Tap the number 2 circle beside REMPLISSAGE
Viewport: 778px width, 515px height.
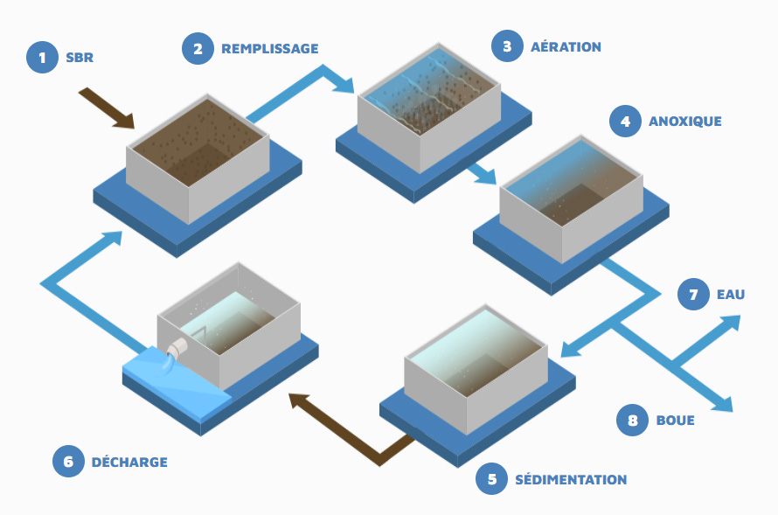pos(198,48)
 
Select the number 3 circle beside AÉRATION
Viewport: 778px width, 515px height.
pos(507,46)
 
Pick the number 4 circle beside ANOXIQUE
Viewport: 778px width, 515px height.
pos(625,121)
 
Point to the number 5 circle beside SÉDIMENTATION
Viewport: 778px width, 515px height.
pos(492,478)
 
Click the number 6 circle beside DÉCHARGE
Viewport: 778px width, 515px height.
pos(68,461)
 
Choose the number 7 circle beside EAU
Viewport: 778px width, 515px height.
pos(694,295)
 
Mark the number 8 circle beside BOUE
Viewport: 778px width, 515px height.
pos(633,420)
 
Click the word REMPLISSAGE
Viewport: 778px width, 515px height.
pos(269,49)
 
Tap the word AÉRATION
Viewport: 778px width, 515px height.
pos(566,47)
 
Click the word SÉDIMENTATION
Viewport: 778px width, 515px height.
pos(570,479)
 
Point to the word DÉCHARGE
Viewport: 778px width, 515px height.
pos(129,462)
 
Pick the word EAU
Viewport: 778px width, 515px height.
pos(731,295)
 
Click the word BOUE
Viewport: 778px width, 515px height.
pos(675,421)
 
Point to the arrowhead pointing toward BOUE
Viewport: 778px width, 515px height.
pos(722,403)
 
